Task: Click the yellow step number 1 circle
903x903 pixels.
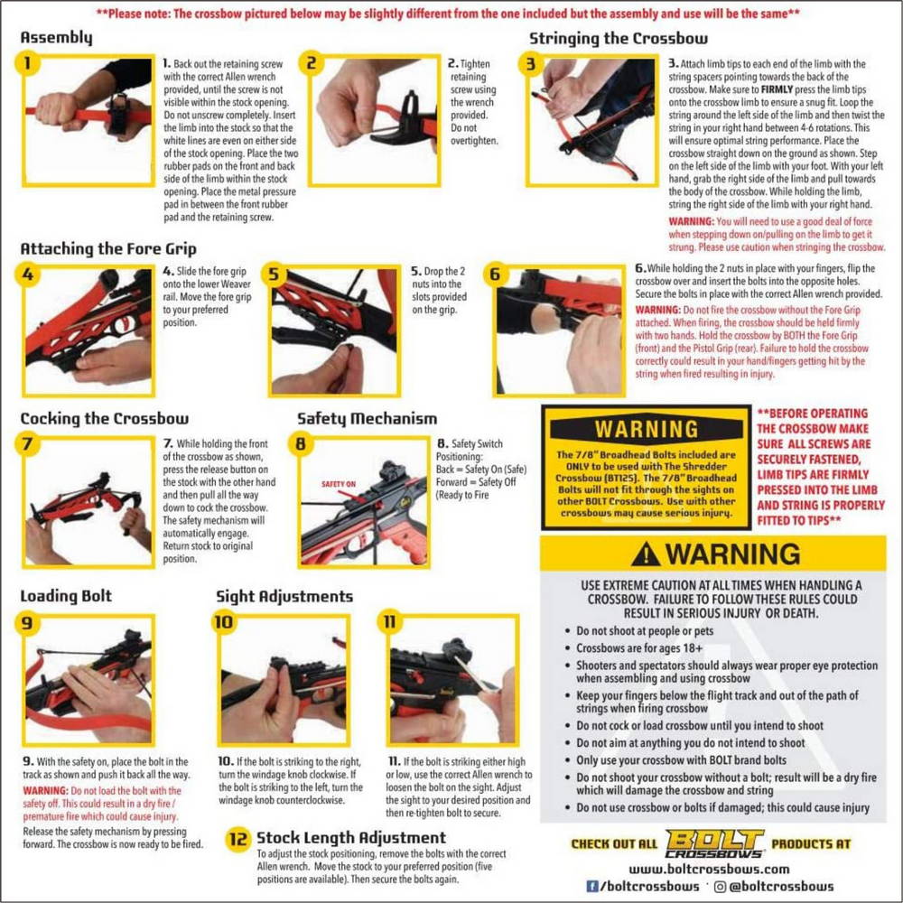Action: (27, 62)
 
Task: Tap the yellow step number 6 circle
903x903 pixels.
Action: (495, 275)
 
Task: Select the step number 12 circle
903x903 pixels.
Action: (238, 839)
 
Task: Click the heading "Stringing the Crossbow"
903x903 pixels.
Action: (619, 39)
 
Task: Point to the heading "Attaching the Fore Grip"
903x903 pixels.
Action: (108, 249)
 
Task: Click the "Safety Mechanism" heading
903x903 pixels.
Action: (367, 419)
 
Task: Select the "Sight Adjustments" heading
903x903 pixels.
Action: (284, 596)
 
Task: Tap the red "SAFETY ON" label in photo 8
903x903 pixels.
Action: (338, 484)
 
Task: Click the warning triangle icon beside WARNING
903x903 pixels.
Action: (645, 554)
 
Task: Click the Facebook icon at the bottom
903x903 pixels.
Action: (591, 887)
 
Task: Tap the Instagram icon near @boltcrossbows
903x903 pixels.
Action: (720, 887)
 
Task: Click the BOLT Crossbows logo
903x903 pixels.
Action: (714, 843)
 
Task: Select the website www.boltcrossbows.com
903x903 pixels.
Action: (709, 869)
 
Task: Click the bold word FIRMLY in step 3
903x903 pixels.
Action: (777, 89)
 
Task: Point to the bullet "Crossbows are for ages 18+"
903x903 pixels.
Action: (639, 648)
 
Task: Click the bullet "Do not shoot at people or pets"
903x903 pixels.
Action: (645, 631)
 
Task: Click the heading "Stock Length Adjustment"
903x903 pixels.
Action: (351, 837)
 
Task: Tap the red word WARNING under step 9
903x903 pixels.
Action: (45, 791)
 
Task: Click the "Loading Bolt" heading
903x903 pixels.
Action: (66, 596)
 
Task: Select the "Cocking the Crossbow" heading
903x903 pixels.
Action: (104, 419)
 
